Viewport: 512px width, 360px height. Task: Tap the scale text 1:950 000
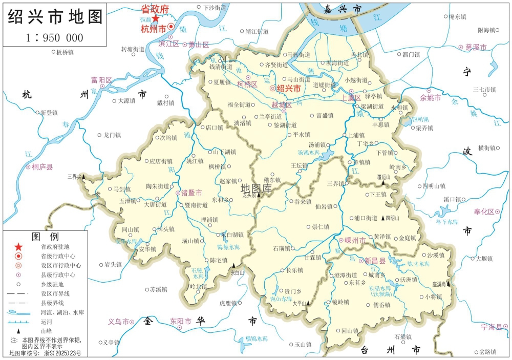tap(54, 37)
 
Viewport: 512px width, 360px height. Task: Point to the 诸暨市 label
tap(191, 193)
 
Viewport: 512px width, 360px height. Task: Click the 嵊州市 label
tap(355, 240)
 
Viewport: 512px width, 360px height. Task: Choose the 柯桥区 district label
tap(248, 84)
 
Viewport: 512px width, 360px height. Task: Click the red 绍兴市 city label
tap(288, 88)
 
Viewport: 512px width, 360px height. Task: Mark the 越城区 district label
tap(281, 105)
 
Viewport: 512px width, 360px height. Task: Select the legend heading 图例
tap(46, 237)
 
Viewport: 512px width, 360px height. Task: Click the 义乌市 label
tap(118, 322)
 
